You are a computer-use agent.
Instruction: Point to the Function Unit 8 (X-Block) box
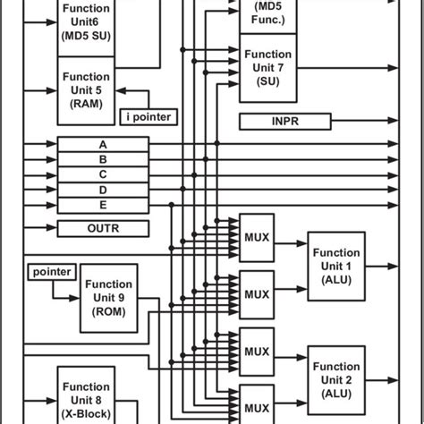(x=87, y=395)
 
